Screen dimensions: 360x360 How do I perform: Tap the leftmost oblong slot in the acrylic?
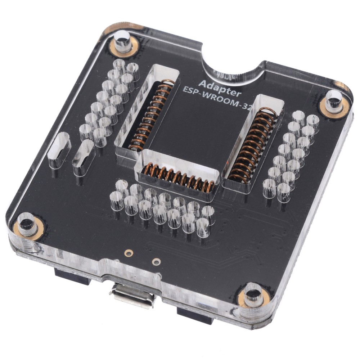click(x=59, y=149)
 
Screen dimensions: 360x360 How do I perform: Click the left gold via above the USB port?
click(x=127, y=253)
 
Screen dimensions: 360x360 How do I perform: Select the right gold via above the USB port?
click(x=156, y=261)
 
